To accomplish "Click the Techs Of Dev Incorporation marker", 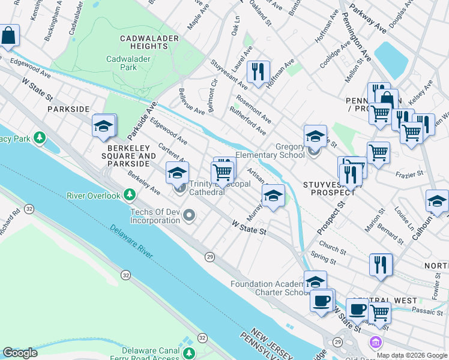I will point(190,215).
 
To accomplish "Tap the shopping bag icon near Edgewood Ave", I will point(9,37).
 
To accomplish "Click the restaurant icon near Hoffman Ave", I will point(258,71).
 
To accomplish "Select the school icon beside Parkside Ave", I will point(104,125).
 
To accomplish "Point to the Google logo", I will point(20,353).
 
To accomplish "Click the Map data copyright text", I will point(412,355).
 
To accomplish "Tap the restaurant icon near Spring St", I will point(381,264).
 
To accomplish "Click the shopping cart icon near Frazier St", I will point(378,153).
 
